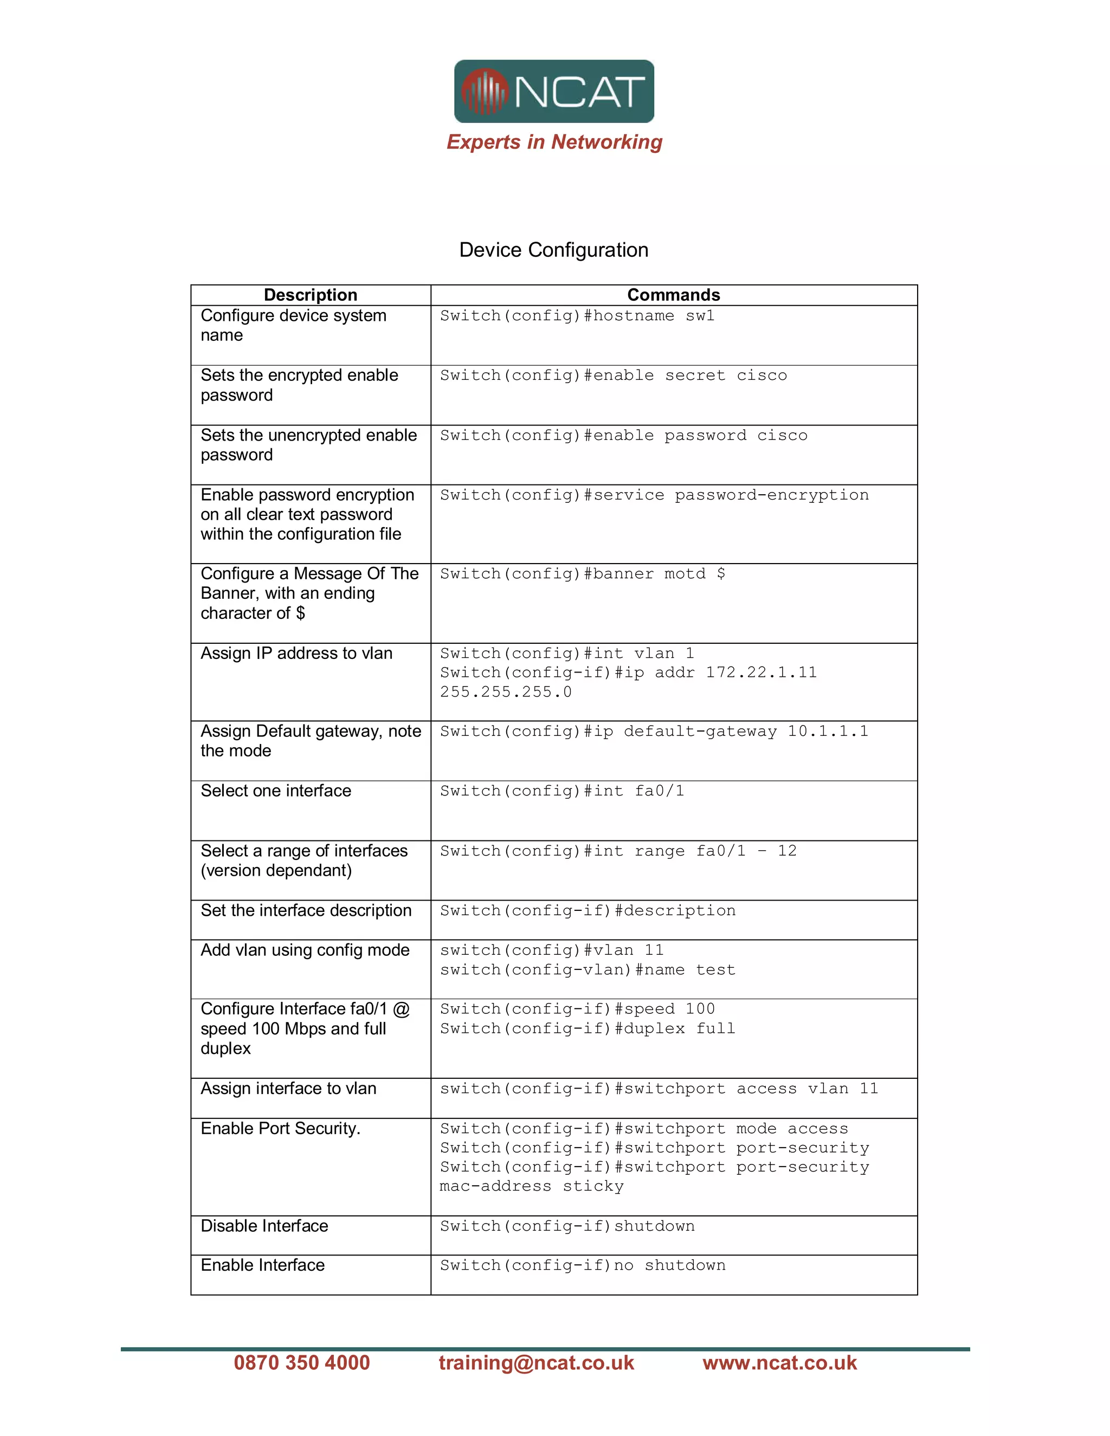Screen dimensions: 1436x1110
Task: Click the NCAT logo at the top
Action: [554, 92]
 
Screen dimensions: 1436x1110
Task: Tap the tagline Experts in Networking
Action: [554, 142]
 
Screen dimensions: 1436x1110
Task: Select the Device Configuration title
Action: [554, 250]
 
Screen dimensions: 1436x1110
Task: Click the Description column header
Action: [311, 295]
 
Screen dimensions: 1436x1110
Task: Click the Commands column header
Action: [673, 295]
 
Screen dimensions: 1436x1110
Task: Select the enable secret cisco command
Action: [613, 376]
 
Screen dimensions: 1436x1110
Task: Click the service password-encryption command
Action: [654, 495]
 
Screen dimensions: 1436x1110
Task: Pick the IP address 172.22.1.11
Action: [761, 672]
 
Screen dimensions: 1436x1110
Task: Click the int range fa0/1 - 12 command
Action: [618, 851]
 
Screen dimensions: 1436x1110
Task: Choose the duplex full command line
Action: [587, 1029]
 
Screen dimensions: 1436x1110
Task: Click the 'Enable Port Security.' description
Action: [281, 1129]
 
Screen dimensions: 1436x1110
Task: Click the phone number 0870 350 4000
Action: [302, 1363]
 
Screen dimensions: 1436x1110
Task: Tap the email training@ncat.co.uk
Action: [536, 1363]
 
